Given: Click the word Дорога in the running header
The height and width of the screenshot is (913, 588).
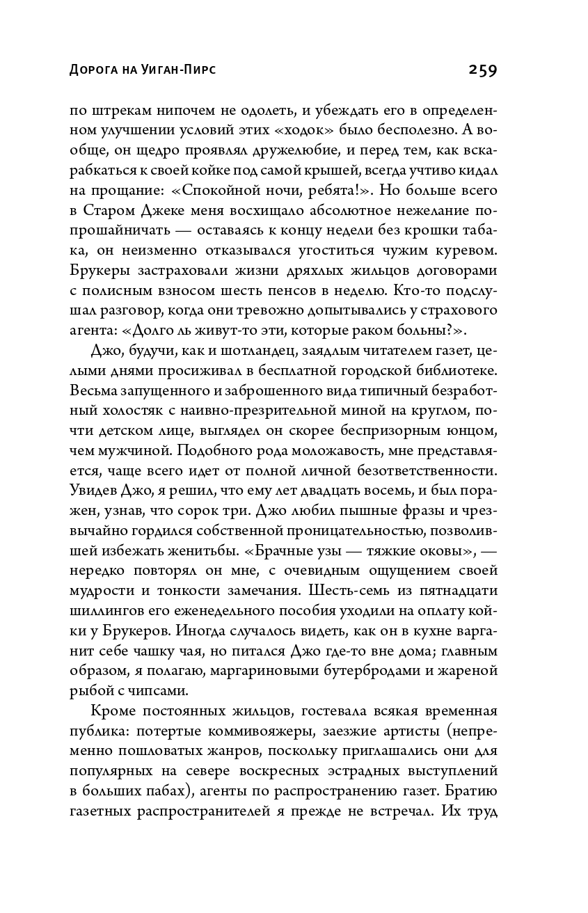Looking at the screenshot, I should coord(94,71).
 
